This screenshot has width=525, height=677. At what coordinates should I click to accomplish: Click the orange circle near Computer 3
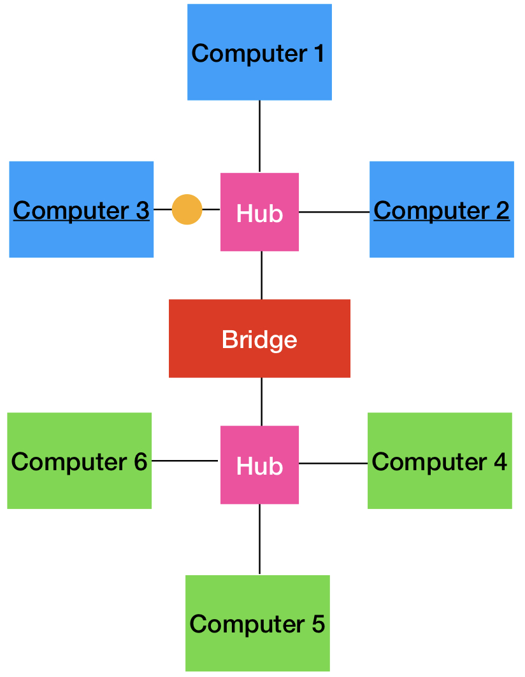click(187, 209)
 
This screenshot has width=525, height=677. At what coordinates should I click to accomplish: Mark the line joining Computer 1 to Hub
click(259, 136)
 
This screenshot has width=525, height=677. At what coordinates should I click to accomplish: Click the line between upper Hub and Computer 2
click(334, 212)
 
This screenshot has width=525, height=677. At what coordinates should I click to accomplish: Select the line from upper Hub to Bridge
click(261, 275)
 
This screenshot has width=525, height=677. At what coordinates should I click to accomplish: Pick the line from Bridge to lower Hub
click(261, 401)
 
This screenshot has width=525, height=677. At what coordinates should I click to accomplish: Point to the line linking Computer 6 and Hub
click(185, 460)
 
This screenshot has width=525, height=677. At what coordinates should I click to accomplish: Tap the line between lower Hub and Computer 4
click(333, 463)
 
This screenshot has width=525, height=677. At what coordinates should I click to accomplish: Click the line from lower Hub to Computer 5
click(259, 539)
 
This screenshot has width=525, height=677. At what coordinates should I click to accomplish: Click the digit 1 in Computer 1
click(317, 53)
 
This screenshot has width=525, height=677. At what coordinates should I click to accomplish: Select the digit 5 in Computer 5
click(317, 624)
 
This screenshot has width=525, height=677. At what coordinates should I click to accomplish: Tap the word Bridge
click(259, 340)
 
